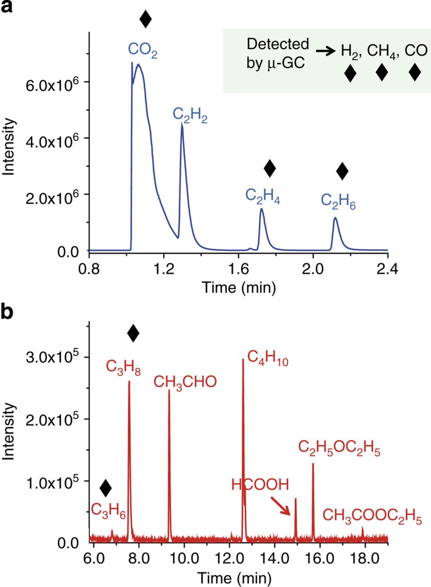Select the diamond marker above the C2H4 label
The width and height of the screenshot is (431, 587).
click(x=269, y=169)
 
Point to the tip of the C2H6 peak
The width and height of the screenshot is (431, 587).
click(x=335, y=218)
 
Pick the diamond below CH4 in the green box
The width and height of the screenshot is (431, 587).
click(x=381, y=72)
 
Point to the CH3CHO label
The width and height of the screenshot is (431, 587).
click(x=185, y=382)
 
